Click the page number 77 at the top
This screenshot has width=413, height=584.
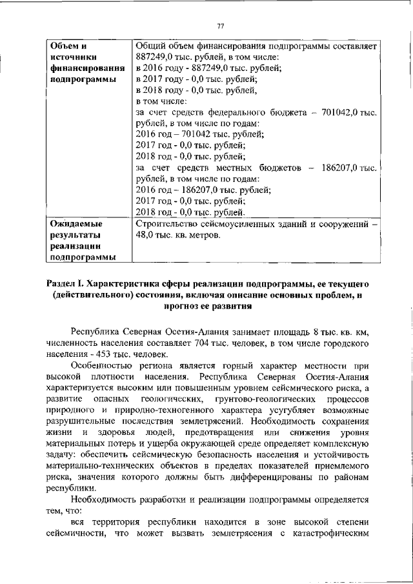point(220,26)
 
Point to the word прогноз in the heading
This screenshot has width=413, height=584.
point(186,306)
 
